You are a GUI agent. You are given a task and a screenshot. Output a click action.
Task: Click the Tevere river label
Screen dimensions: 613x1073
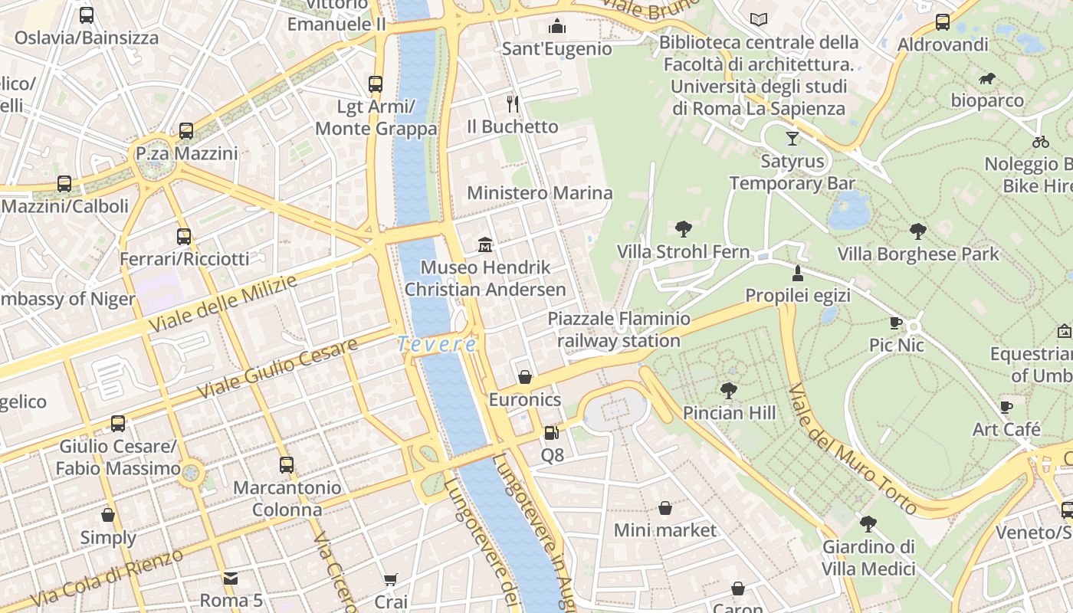pyautogui.click(x=437, y=345)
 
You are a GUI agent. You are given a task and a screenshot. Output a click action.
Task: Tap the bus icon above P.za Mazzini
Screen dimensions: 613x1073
pyautogui.click(x=186, y=130)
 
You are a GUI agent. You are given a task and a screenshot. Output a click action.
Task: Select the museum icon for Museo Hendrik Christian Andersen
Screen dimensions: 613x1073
pyautogui.click(x=485, y=245)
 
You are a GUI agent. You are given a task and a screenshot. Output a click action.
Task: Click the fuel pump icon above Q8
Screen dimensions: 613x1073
pyautogui.click(x=552, y=433)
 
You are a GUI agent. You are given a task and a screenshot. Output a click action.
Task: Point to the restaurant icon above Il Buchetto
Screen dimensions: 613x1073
pyautogui.click(x=513, y=103)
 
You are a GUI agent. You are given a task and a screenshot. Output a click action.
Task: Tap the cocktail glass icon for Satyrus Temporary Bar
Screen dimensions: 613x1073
pyautogui.click(x=792, y=139)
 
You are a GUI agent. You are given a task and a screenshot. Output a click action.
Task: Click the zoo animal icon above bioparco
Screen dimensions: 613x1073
pyautogui.click(x=987, y=78)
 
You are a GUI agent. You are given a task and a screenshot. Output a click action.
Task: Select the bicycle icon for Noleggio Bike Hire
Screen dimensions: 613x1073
pyautogui.click(x=1040, y=141)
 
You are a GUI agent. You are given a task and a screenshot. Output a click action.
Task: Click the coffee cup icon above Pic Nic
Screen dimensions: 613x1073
pyautogui.click(x=896, y=323)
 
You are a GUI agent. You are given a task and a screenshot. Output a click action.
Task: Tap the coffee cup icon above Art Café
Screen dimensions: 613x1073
pyautogui.click(x=1006, y=407)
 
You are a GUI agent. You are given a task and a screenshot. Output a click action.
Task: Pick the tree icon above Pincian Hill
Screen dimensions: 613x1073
pyautogui.click(x=729, y=391)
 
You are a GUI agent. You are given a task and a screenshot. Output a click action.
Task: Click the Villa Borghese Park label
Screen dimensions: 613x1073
pyautogui.click(x=918, y=254)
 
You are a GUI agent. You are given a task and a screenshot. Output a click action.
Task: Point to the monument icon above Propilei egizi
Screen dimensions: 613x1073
pyautogui.click(x=798, y=274)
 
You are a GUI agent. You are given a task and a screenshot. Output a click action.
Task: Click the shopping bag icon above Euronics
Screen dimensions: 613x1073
pyautogui.click(x=525, y=377)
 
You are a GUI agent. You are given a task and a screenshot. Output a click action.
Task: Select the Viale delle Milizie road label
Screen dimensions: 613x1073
pyautogui.click(x=222, y=304)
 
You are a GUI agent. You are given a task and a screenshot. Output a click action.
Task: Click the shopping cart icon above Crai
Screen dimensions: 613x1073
pyautogui.click(x=391, y=579)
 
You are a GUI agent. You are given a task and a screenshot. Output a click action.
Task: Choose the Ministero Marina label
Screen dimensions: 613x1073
pyautogui.click(x=540, y=193)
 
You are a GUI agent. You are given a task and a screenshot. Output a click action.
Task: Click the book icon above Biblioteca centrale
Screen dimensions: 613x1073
pyautogui.click(x=759, y=19)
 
